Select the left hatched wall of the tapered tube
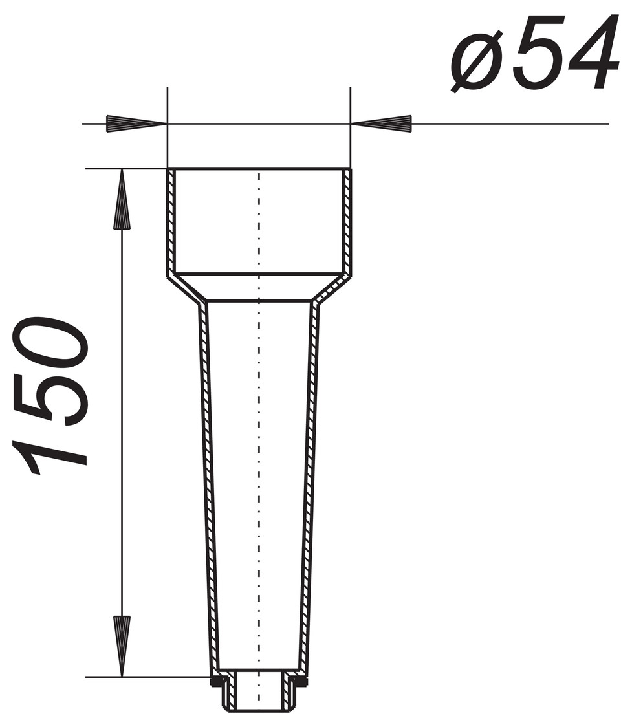pos(209,485)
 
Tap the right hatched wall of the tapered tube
pos(310,485)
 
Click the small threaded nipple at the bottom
pos(259,692)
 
